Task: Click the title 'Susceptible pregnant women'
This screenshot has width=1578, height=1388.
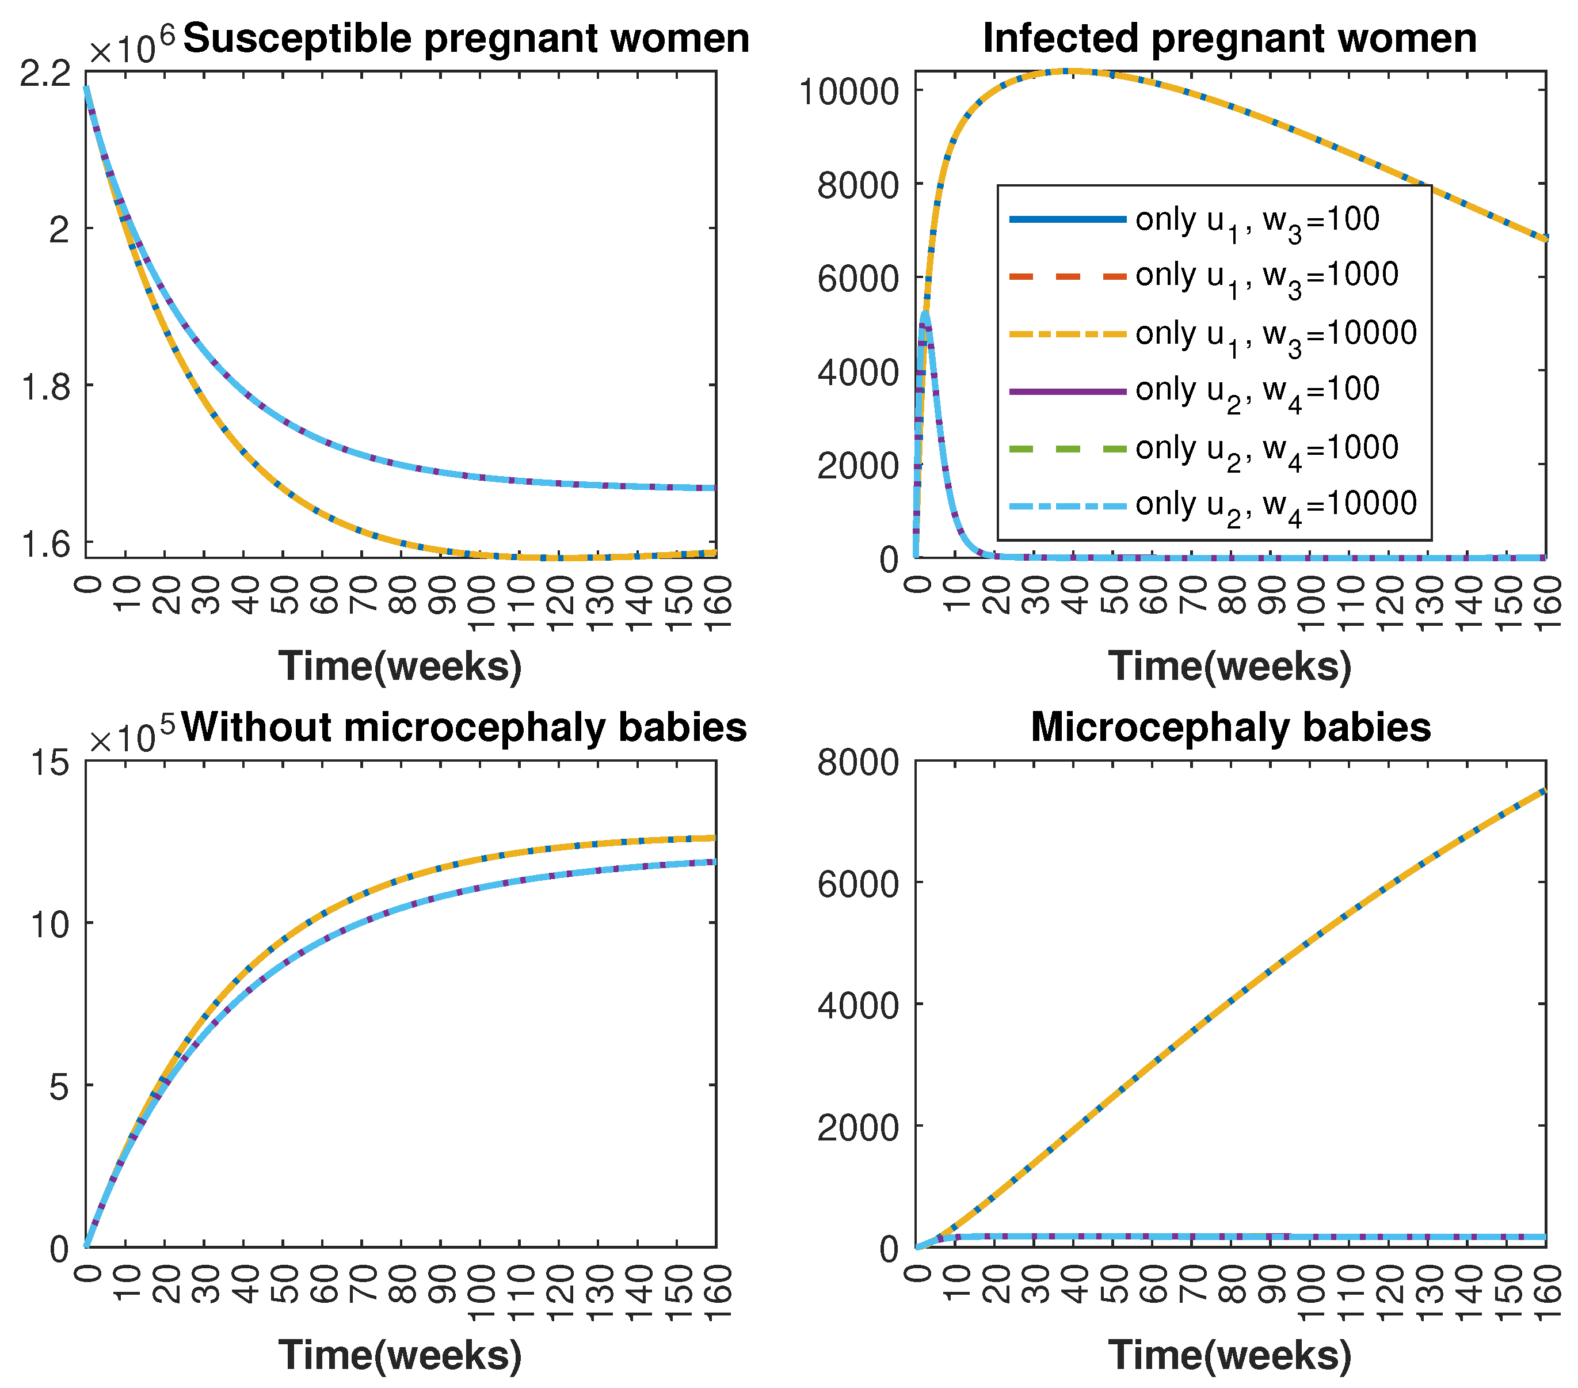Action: [x=466, y=39]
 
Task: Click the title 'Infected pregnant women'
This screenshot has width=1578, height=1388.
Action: [x=1229, y=39]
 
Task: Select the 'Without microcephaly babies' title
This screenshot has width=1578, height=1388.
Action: [x=464, y=727]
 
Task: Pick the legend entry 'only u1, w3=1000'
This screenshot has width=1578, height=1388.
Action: [x=1266, y=276]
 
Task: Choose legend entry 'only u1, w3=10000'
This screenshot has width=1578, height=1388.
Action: [x=1275, y=334]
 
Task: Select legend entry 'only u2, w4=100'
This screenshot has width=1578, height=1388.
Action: [x=1257, y=390]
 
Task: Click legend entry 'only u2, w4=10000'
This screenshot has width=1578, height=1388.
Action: [x=1275, y=504]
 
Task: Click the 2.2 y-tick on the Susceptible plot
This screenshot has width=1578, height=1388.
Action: [x=44, y=74]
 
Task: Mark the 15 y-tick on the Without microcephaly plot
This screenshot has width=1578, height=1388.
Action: [x=49, y=763]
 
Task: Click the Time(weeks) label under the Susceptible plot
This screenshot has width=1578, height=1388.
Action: [x=400, y=666]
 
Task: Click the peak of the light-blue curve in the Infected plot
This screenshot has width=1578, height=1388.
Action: [x=925, y=313]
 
